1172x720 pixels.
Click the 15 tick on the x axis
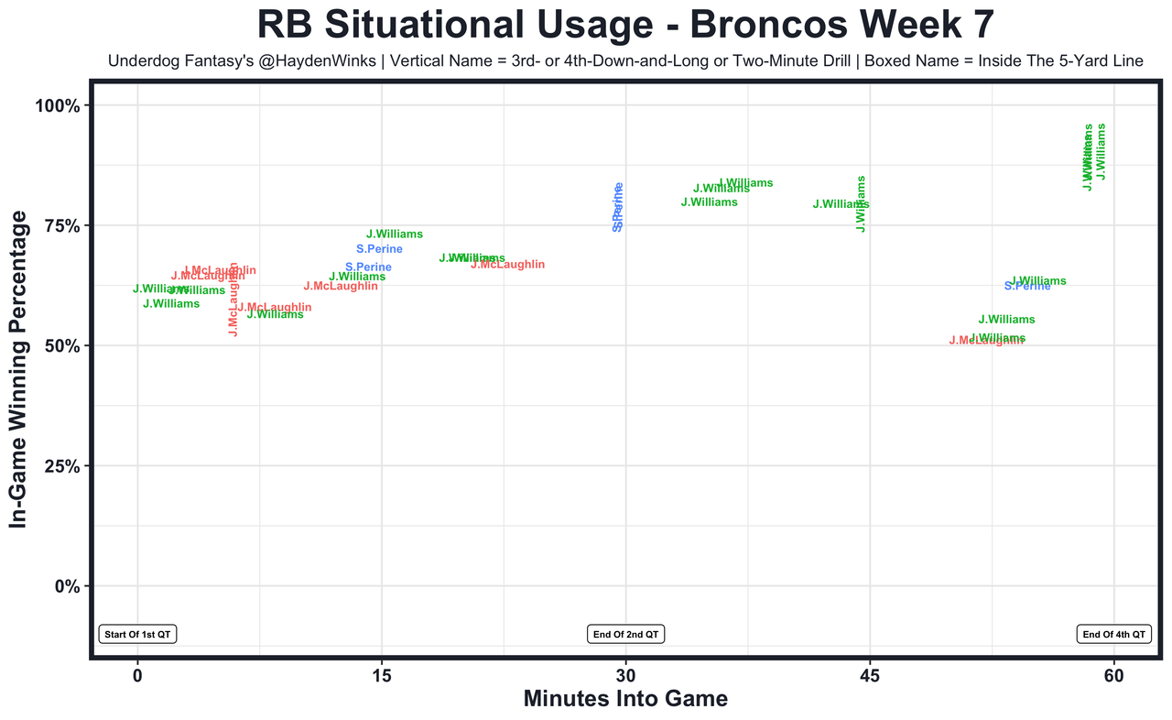point(381,676)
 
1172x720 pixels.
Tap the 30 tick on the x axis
point(625,676)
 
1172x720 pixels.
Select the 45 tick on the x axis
point(870,676)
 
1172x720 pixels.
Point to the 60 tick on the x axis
point(1113,676)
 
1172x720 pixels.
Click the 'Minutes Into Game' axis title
point(625,700)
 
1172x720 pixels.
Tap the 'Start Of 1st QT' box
point(137,634)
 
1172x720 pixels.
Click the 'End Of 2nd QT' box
point(625,634)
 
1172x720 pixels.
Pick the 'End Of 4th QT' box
point(1113,634)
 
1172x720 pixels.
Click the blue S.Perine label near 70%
point(379,249)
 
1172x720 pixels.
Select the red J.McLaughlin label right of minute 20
point(507,265)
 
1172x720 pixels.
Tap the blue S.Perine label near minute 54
point(1027,286)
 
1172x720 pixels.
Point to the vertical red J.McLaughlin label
point(233,300)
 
